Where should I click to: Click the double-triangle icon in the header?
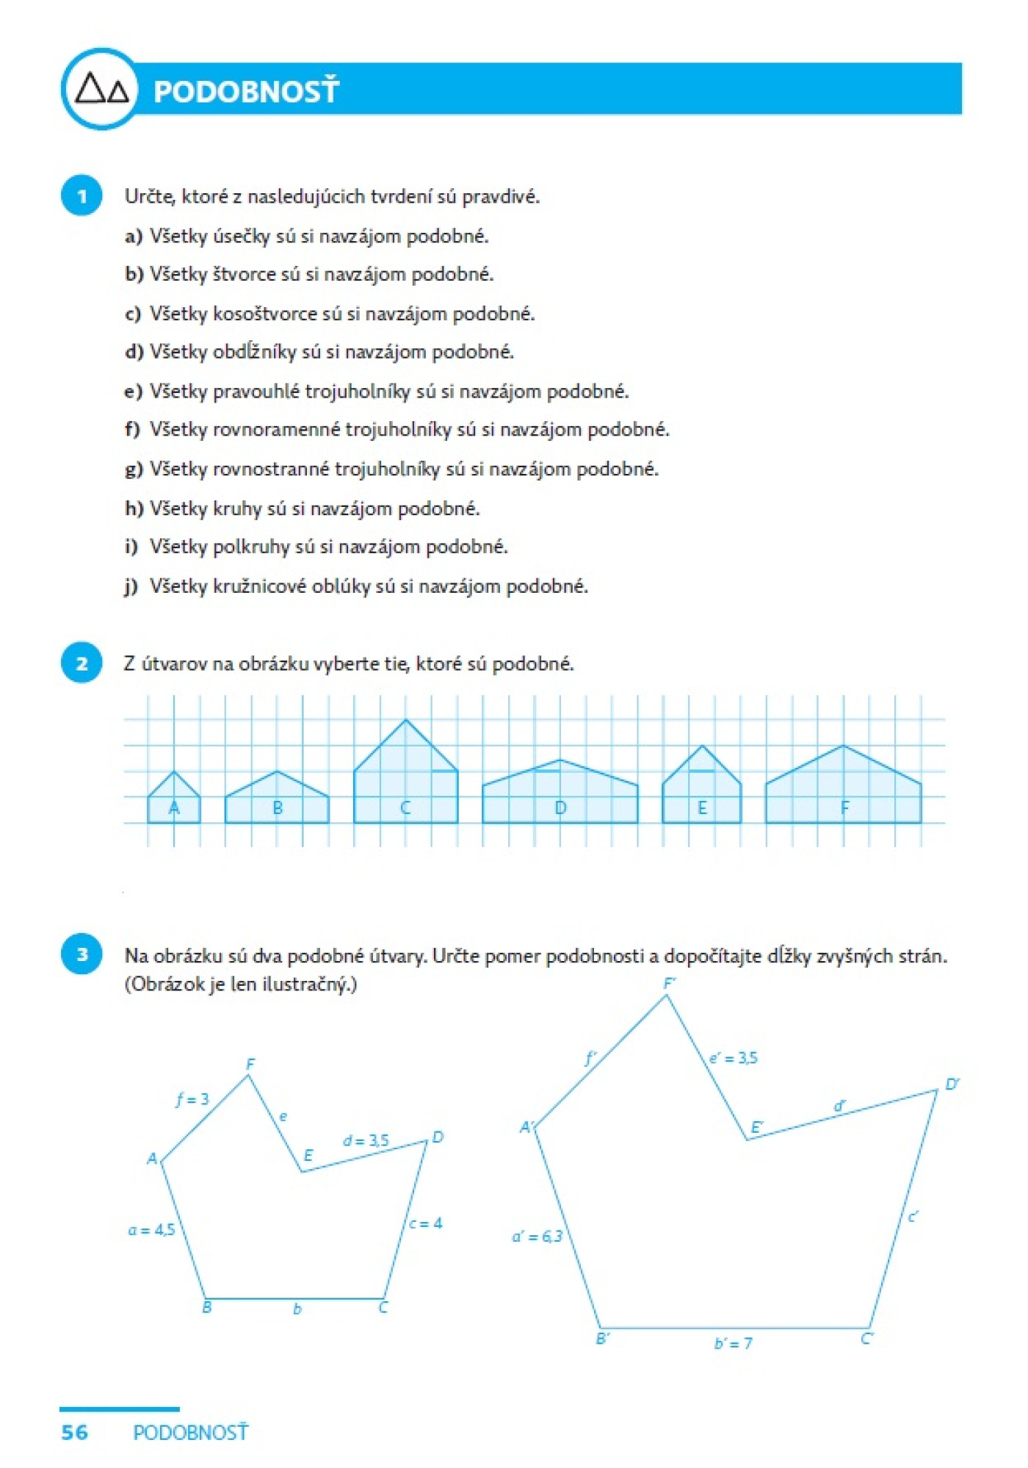click(101, 89)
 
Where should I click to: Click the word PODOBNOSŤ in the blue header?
click(246, 91)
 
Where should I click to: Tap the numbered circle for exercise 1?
click(82, 196)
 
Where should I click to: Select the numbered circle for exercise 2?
click(82, 663)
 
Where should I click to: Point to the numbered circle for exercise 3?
click(82, 954)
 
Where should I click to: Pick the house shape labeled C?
click(405, 786)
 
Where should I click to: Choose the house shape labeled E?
click(702, 794)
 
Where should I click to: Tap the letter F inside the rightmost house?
click(844, 808)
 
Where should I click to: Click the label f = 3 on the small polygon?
click(192, 1099)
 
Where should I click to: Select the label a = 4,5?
click(152, 1230)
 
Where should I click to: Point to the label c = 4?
click(426, 1223)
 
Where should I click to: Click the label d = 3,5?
click(366, 1140)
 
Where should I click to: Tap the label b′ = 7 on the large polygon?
click(733, 1344)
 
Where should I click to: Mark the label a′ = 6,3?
click(537, 1237)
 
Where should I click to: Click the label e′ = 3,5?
click(733, 1058)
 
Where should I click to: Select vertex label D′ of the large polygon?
click(952, 1084)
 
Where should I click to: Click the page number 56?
click(74, 1433)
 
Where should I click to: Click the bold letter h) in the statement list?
click(134, 508)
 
